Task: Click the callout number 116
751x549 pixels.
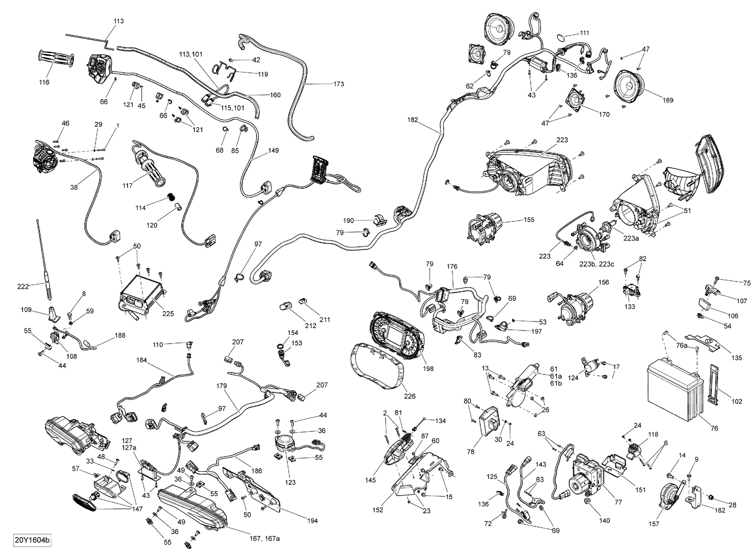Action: click(x=44, y=82)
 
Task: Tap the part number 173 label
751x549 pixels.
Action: click(x=338, y=84)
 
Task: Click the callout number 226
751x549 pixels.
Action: click(x=410, y=397)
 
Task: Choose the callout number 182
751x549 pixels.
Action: click(x=413, y=120)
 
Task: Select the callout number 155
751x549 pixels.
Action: click(x=529, y=219)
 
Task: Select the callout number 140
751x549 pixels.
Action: click(x=604, y=520)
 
